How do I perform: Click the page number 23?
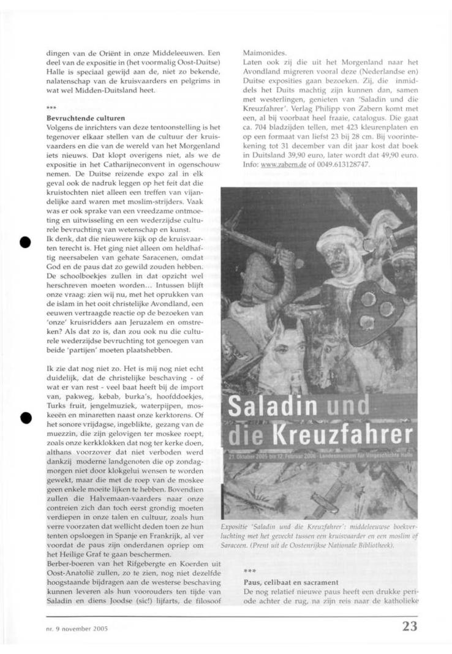click(x=410, y=626)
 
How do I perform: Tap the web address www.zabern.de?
click(x=287, y=165)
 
